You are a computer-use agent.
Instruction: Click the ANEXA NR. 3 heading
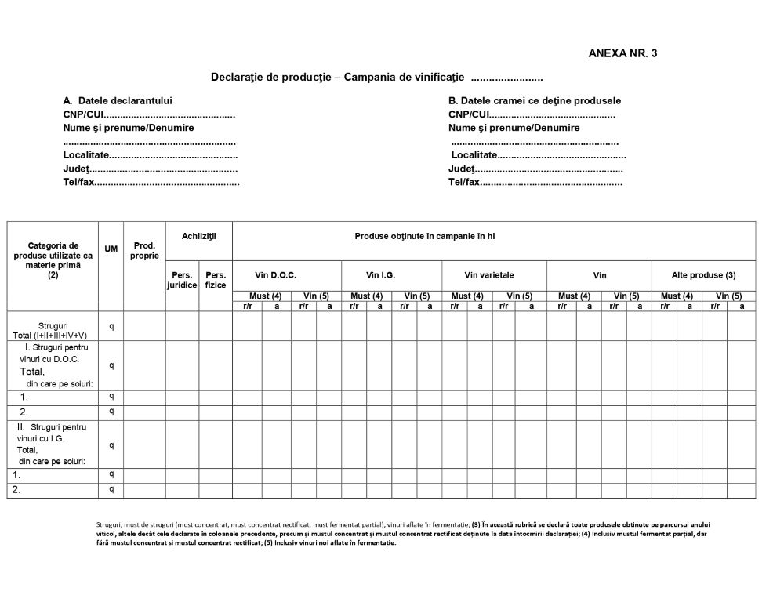(x=622, y=53)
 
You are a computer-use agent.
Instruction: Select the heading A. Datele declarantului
(x=118, y=101)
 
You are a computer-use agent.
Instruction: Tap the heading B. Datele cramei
(x=535, y=101)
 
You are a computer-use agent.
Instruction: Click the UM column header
(x=111, y=249)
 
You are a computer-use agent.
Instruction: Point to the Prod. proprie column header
(x=144, y=251)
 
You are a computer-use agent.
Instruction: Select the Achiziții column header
(x=198, y=235)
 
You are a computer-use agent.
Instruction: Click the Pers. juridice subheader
(x=182, y=280)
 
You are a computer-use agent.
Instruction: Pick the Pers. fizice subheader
(x=216, y=280)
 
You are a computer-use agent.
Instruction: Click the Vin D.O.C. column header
(x=276, y=275)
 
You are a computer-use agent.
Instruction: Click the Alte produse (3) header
(x=703, y=275)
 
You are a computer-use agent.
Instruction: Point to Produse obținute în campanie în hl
(x=425, y=235)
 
